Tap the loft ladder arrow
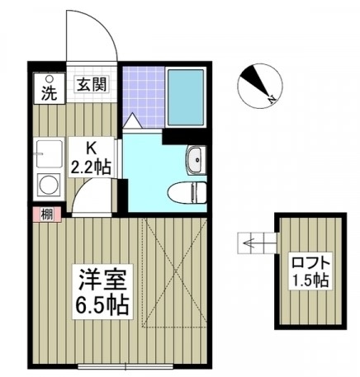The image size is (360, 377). pos(256,243)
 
